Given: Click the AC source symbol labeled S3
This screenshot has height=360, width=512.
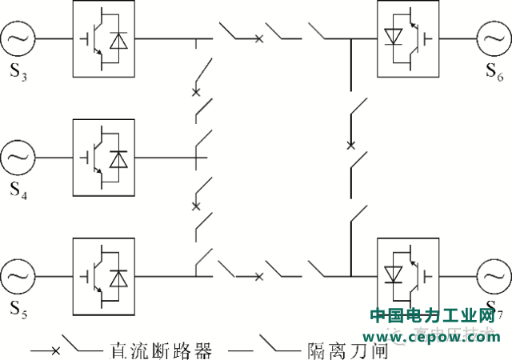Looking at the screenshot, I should tap(18, 38).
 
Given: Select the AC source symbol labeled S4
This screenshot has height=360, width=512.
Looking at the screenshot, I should tap(18, 157).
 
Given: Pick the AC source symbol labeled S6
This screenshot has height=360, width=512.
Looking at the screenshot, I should tap(494, 38).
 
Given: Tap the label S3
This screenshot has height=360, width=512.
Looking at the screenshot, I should tap(19, 77).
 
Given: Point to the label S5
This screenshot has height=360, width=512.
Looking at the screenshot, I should tap(19, 310).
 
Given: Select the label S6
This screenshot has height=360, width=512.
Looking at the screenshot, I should tap(494, 73).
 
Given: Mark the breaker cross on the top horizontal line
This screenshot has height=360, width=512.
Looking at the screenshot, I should tap(258, 38).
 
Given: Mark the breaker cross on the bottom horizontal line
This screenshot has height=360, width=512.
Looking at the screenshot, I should tap(258, 277).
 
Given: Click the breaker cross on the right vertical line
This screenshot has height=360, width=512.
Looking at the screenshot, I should tap(350, 146).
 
